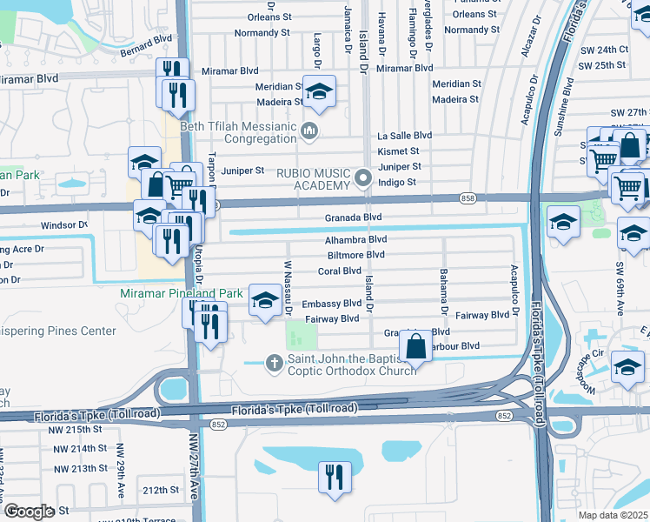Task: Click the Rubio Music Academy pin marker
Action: (x=363, y=179)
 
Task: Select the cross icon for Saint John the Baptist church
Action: (x=275, y=362)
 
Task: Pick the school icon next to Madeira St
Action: (x=319, y=93)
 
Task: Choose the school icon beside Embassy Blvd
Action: (x=266, y=302)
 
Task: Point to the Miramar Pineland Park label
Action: (x=182, y=294)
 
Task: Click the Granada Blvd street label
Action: (x=354, y=217)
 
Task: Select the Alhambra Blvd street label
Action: (x=355, y=239)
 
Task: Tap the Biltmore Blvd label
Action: (x=355, y=255)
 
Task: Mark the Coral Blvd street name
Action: (x=339, y=271)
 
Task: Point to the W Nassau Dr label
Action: (x=286, y=288)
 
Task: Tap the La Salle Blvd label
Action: (x=404, y=136)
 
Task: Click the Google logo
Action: (x=29, y=511)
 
